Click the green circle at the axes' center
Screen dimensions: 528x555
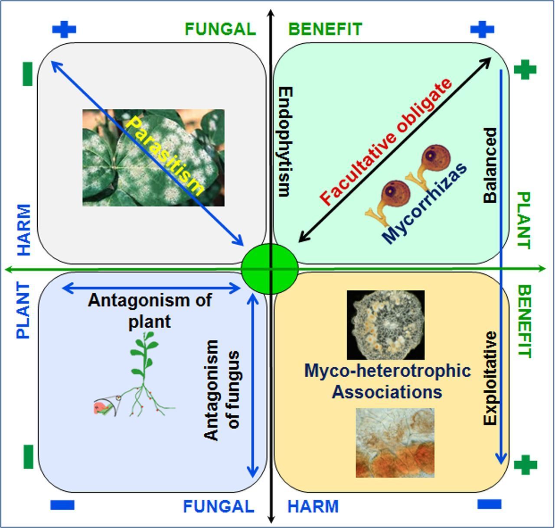point(270,269)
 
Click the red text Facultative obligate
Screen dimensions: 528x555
point(386,142)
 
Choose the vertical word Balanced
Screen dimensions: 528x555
point(490,165)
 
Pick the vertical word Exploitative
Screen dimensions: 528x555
point(490,378)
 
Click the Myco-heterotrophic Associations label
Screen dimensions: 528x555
point(387,381)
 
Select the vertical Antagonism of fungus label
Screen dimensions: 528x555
point(222,390)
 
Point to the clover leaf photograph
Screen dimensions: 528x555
point(153,158)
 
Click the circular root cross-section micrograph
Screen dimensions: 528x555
point(385,325)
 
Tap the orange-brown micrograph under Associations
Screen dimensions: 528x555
point(395,443)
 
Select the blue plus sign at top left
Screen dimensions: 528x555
point(64,29)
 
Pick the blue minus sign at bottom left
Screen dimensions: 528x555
point(62,505)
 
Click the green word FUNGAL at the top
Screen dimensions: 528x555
point(220,29)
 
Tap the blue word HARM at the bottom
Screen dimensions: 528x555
point(313,506)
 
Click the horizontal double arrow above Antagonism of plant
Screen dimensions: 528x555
point(152,288)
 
